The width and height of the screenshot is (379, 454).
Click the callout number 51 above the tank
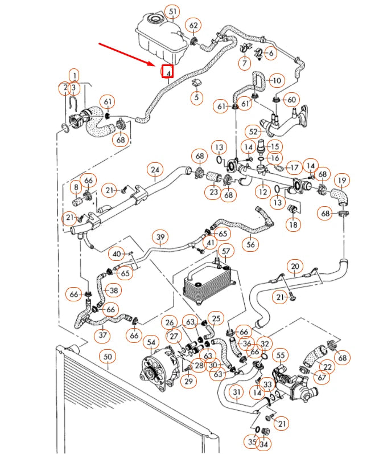point(172,11)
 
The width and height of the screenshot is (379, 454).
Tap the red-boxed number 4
point(168,72)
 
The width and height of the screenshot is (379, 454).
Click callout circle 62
point(194,26)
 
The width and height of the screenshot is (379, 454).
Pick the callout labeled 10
point(276,81)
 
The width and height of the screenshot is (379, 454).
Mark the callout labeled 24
point(154,169)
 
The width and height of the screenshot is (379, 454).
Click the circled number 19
point(341,181)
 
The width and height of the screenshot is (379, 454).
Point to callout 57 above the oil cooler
point(226,251)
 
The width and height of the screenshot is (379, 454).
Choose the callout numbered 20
point(295,266)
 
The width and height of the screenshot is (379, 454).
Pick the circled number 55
point(280,355)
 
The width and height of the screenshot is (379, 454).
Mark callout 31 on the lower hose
point(236,392)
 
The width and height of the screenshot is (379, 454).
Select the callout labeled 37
point(103,334)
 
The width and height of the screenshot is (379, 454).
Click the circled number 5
point(196,97)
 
